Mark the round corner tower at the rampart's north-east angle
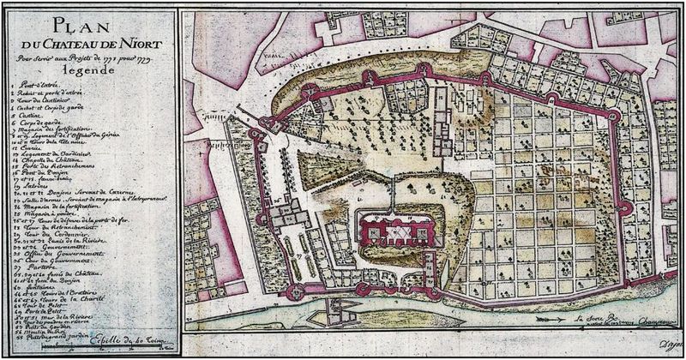(x=616, y=114)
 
